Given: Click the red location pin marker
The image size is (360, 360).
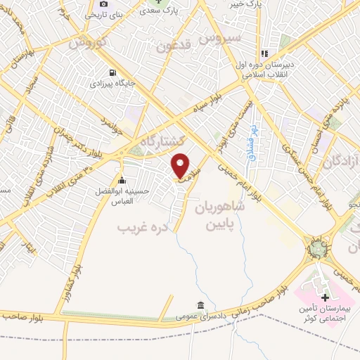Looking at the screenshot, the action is [181, 165].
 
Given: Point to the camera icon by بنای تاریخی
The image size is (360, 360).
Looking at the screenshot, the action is [103, 4].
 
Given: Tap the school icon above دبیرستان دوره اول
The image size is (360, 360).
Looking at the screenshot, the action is [264, 53].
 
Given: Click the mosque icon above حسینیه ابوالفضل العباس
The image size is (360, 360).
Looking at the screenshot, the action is [122, 179].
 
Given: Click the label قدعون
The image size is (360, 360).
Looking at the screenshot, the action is [175, 48].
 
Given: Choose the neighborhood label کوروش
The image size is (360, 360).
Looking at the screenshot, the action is [89, 42].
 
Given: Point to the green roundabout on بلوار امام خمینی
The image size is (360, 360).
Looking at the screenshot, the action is [317, 248].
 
